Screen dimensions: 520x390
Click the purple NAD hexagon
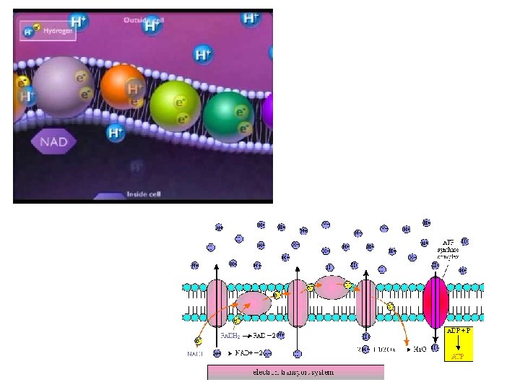[x=53, y=141]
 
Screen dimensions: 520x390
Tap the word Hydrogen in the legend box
[x=58, y=30]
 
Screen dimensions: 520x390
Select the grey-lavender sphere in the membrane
[x=63, y=87]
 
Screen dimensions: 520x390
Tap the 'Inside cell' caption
[x=142, y=194]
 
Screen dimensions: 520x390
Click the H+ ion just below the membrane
[x=115, y=132]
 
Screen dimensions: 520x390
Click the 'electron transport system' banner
[x=295, y=373]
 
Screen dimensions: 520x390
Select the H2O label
[x=419, y=350]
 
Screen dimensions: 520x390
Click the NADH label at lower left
[x=196, y=354]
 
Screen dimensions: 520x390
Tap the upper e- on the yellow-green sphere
[x=181, y=100]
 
